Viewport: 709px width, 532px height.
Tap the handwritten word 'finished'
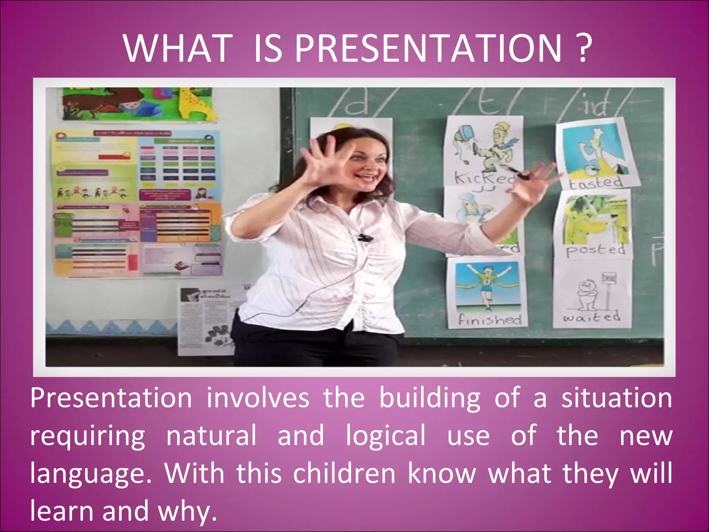click(x=490, y=319)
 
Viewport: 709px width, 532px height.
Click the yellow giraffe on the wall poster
click(x=196, y=102)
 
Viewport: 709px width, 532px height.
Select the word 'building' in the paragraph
click(x=430, y=398)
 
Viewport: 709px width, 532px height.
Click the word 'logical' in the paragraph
click(x=386, y=436)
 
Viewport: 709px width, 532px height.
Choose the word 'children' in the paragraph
click(x=344, y=473)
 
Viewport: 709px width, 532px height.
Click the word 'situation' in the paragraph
click(x=617, y=398)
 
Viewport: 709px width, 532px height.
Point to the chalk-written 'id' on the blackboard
click(x=595, y=106)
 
